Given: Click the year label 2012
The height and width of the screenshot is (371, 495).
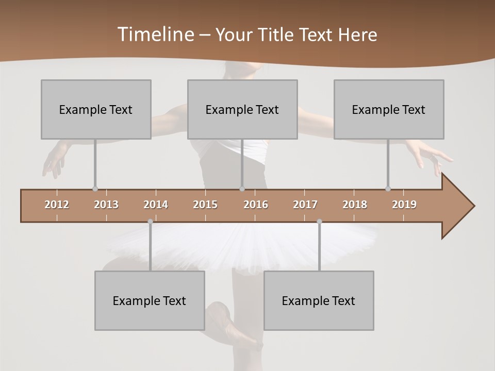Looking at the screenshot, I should coord(57,205).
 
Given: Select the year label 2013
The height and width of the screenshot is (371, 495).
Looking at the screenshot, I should coord(106,205).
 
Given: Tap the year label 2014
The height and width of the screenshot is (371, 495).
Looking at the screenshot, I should coord(156,205).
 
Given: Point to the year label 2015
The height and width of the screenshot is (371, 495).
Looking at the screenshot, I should coord(205,205).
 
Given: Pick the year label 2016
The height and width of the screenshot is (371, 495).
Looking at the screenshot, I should coord(256,205).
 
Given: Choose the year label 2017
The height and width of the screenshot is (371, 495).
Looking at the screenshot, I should coord(305,205).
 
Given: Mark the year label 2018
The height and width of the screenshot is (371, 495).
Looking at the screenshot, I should coord(355,205).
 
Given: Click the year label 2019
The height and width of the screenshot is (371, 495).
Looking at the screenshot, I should coord(404,205).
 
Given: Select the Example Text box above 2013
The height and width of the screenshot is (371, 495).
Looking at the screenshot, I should coord(96,109).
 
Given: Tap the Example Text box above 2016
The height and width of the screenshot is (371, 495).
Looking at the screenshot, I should coord(242,109).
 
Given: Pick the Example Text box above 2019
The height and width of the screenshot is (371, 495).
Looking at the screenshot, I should coord(389,109).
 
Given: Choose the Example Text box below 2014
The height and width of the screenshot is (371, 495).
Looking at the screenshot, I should coord(150,300).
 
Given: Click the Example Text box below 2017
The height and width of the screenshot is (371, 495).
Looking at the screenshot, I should coord(319,300).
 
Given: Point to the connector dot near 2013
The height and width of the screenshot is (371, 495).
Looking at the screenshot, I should coord(95,189).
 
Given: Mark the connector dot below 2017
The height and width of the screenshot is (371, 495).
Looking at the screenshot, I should coord(319,222).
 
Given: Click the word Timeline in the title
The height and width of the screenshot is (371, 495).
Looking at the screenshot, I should coord(155,35).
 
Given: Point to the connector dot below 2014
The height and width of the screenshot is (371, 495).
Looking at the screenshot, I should coord(150,222).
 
